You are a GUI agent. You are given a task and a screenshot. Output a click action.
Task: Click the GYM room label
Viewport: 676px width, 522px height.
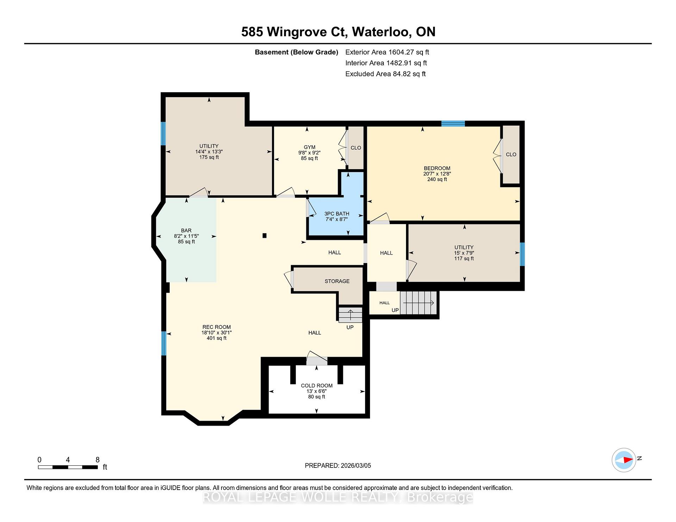(x=309, y=147)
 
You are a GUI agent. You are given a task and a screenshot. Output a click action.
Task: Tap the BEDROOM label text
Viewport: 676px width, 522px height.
(x=437, y=168)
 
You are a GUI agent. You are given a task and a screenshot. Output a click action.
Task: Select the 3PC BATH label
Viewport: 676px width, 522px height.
(x=337, y=214)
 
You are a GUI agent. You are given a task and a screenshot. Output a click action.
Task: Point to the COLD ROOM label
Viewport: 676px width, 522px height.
(x=317, y=386)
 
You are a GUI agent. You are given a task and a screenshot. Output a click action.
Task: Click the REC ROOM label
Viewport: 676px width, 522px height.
(x=217, y=327)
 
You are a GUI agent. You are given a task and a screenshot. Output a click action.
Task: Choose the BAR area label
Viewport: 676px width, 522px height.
(x=186, y=231)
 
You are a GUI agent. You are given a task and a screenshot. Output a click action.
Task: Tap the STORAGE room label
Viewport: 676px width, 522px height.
(x=337, y=281)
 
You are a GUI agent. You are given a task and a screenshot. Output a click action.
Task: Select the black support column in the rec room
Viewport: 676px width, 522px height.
(x=264, y=236)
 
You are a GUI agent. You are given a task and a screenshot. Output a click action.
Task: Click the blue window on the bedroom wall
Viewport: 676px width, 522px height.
(x=453, y=123)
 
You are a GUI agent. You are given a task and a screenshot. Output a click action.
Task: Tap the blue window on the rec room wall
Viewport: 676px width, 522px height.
(x=164, y=343)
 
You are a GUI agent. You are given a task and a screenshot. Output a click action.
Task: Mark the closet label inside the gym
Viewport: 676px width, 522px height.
(x=356, y=148)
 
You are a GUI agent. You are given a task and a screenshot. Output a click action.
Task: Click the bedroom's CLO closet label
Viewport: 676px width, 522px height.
(x=511, y=154)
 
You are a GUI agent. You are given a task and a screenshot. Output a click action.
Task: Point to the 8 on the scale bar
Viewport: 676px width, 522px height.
(x=98, y=460)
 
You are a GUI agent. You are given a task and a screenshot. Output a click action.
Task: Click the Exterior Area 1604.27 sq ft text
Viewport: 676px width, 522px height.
(x=387, y=52)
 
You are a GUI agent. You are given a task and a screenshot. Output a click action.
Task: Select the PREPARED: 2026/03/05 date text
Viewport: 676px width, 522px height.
(x=338, y=465)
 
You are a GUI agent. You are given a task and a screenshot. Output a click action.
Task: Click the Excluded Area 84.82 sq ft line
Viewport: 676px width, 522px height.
(x=386, y=74)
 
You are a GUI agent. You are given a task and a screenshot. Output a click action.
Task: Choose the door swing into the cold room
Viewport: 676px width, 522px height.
(x=317, y=358)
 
